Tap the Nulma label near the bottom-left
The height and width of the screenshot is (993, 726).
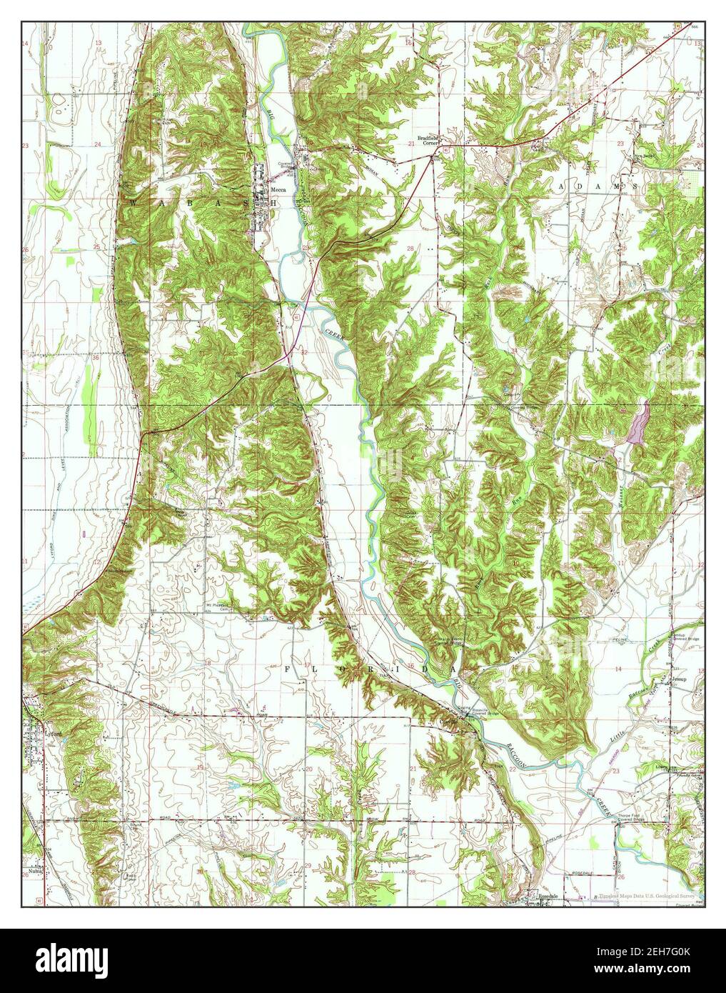pos(31,873)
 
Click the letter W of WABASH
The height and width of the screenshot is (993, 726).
pos(133,203)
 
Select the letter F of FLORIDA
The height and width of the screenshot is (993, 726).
pos(288,669)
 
